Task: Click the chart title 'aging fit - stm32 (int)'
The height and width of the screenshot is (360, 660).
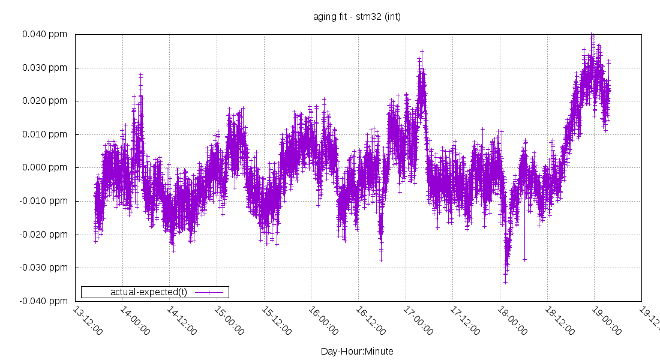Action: pos(356,16)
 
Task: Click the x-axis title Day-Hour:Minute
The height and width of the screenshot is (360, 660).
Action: pos(356,351)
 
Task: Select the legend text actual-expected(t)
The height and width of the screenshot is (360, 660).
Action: pos(149,292)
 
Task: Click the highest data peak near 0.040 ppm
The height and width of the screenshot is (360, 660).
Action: pos(592,35)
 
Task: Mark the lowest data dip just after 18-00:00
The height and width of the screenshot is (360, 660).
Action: pos(506,281)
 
